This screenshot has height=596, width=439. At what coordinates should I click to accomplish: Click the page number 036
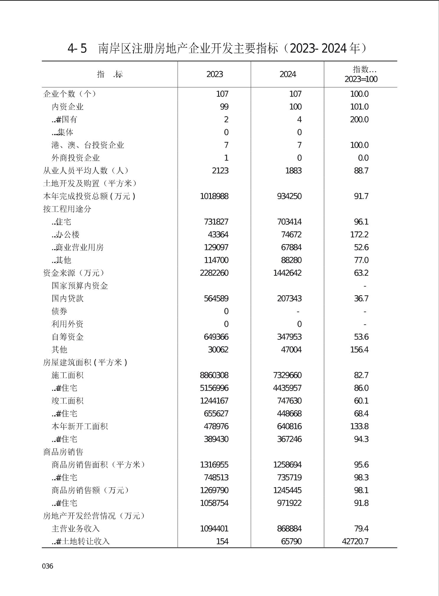click(x=47, y=566)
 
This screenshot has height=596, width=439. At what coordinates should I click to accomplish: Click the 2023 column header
click(x=214, y=74)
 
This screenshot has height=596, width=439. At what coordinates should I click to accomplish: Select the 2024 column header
click(x=288, y=74)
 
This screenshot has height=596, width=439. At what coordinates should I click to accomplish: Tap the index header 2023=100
click(x=361, y=79)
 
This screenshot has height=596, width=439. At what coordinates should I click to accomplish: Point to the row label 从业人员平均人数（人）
click(x=86, y=171)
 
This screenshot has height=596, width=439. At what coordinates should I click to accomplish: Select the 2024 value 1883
click(x=293, y=171)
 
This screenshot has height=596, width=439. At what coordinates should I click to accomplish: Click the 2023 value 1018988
click(x=214, y=196)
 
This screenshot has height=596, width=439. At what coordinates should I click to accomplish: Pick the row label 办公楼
click(x=68, y=235)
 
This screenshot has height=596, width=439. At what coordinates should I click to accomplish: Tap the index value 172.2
click(x=359, y=235)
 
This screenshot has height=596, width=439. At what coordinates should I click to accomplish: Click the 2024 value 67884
click(x=291, y=247)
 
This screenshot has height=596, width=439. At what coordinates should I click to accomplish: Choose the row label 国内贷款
click(x=68, y=298)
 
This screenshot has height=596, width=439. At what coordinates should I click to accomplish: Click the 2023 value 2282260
click(x=214, y=273)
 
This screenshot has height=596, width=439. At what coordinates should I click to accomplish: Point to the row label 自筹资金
click(x=68, y=337)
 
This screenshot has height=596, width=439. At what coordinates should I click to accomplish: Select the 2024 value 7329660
click(x=287, y=375)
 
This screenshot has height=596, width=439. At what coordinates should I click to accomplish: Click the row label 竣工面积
click(x=68, y=401)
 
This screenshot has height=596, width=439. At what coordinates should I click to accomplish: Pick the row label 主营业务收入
click(x=76, y=528)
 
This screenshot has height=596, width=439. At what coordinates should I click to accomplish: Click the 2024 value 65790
click(x=291, y=541)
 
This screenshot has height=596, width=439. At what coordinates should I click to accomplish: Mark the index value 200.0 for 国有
click(x=359, y=120)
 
